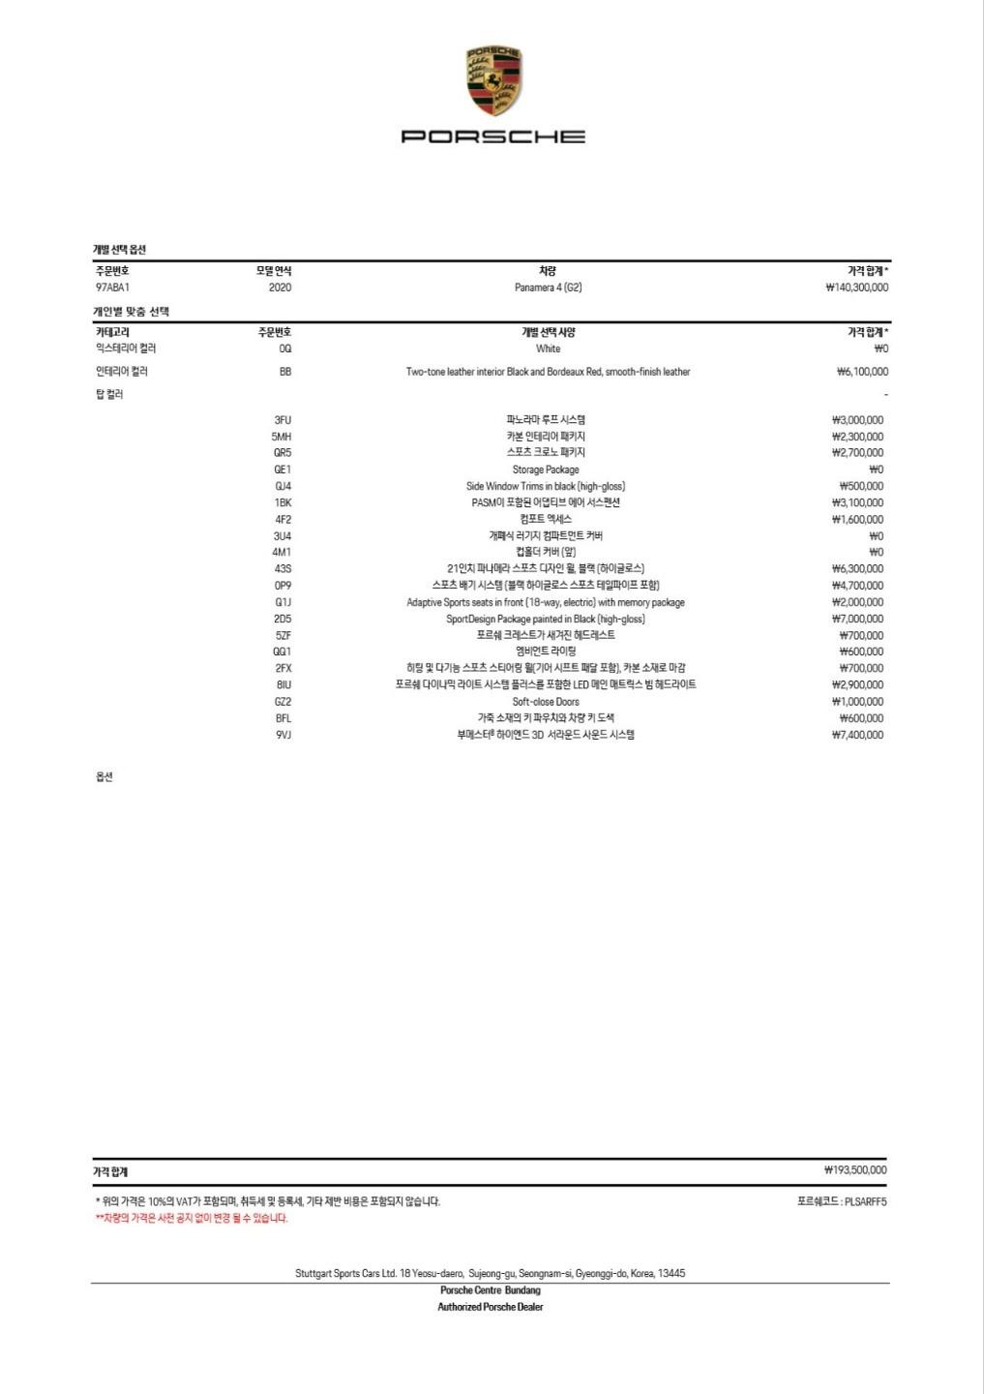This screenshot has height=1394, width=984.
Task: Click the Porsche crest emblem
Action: [492, 81]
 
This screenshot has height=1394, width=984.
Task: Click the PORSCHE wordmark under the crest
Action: [492, 136]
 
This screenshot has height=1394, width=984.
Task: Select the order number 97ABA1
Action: [112, 288]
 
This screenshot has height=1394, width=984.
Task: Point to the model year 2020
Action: [280, 288]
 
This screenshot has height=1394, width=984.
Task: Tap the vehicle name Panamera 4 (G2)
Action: [548, 288]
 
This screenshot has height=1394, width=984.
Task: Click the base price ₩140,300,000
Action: [856, 288]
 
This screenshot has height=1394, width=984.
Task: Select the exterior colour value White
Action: [548, 348]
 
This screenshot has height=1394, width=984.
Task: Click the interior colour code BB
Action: [284, 372]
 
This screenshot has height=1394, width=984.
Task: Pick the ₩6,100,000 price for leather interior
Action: [862, 372]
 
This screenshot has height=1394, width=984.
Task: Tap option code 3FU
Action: [283, 420]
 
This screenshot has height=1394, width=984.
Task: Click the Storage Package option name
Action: [546, 470]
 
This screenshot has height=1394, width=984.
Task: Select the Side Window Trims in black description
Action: [546, 486]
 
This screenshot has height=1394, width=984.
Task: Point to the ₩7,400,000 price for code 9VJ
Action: [857, 735]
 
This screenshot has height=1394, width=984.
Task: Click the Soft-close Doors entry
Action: [546, 702]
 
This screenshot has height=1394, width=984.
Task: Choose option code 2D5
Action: [283, 619]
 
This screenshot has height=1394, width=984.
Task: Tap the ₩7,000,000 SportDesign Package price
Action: [857, 619]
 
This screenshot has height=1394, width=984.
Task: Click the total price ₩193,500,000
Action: [855, 1170]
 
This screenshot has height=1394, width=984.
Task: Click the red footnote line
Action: [192, 1219]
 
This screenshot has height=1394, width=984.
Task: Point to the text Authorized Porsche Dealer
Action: [491, 1307]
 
